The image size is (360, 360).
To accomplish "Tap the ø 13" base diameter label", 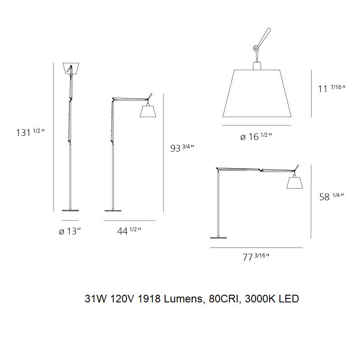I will pyautogui.click(x=70, y=231).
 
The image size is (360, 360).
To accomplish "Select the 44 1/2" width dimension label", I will pyautogui.click(x=129, y=231).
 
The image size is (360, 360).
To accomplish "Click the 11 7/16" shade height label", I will pyautogui.click(x=331, y=88).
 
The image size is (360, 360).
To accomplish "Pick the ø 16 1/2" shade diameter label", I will pyautogui.click(x=256, y=136).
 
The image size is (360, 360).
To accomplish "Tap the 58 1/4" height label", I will pyautogui.click(x=331, y=196).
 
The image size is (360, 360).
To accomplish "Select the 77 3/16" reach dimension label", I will pyautogui.click(x=255, y=257).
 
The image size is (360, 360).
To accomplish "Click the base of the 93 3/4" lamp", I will pyautogui.click(x=114, y=210).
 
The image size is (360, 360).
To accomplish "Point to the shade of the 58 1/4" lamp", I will pyautogui.click(x=293, y=182).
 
